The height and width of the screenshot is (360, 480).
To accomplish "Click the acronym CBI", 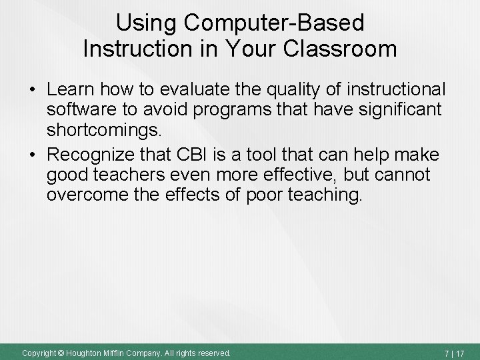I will point(197,155).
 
